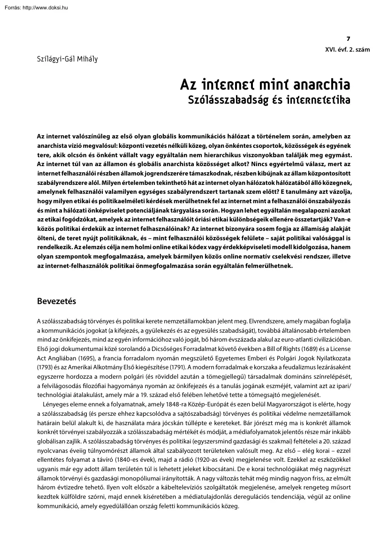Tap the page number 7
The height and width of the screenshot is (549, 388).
tap(348, 39)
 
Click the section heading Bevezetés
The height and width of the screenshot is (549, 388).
tap(56, 301)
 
